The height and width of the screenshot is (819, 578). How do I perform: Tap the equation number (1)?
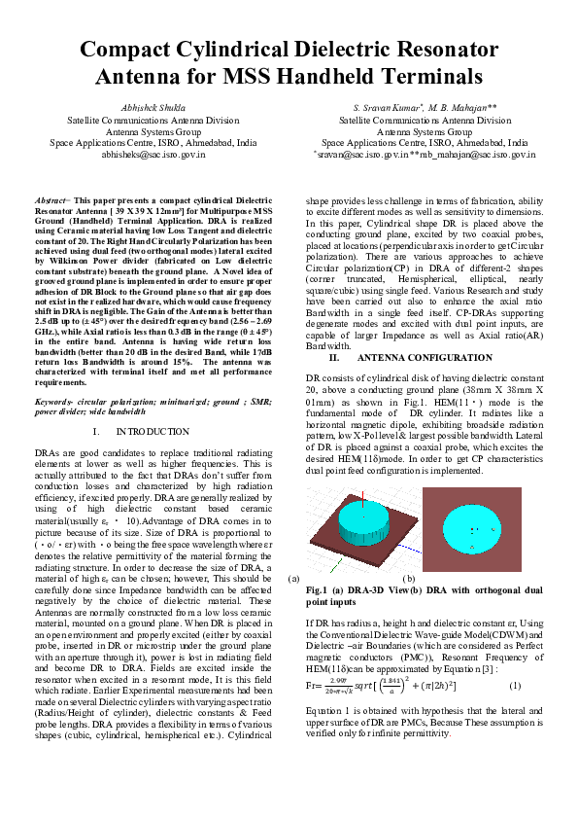click(515, 687)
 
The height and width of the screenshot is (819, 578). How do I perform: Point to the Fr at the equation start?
click(312, 687)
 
